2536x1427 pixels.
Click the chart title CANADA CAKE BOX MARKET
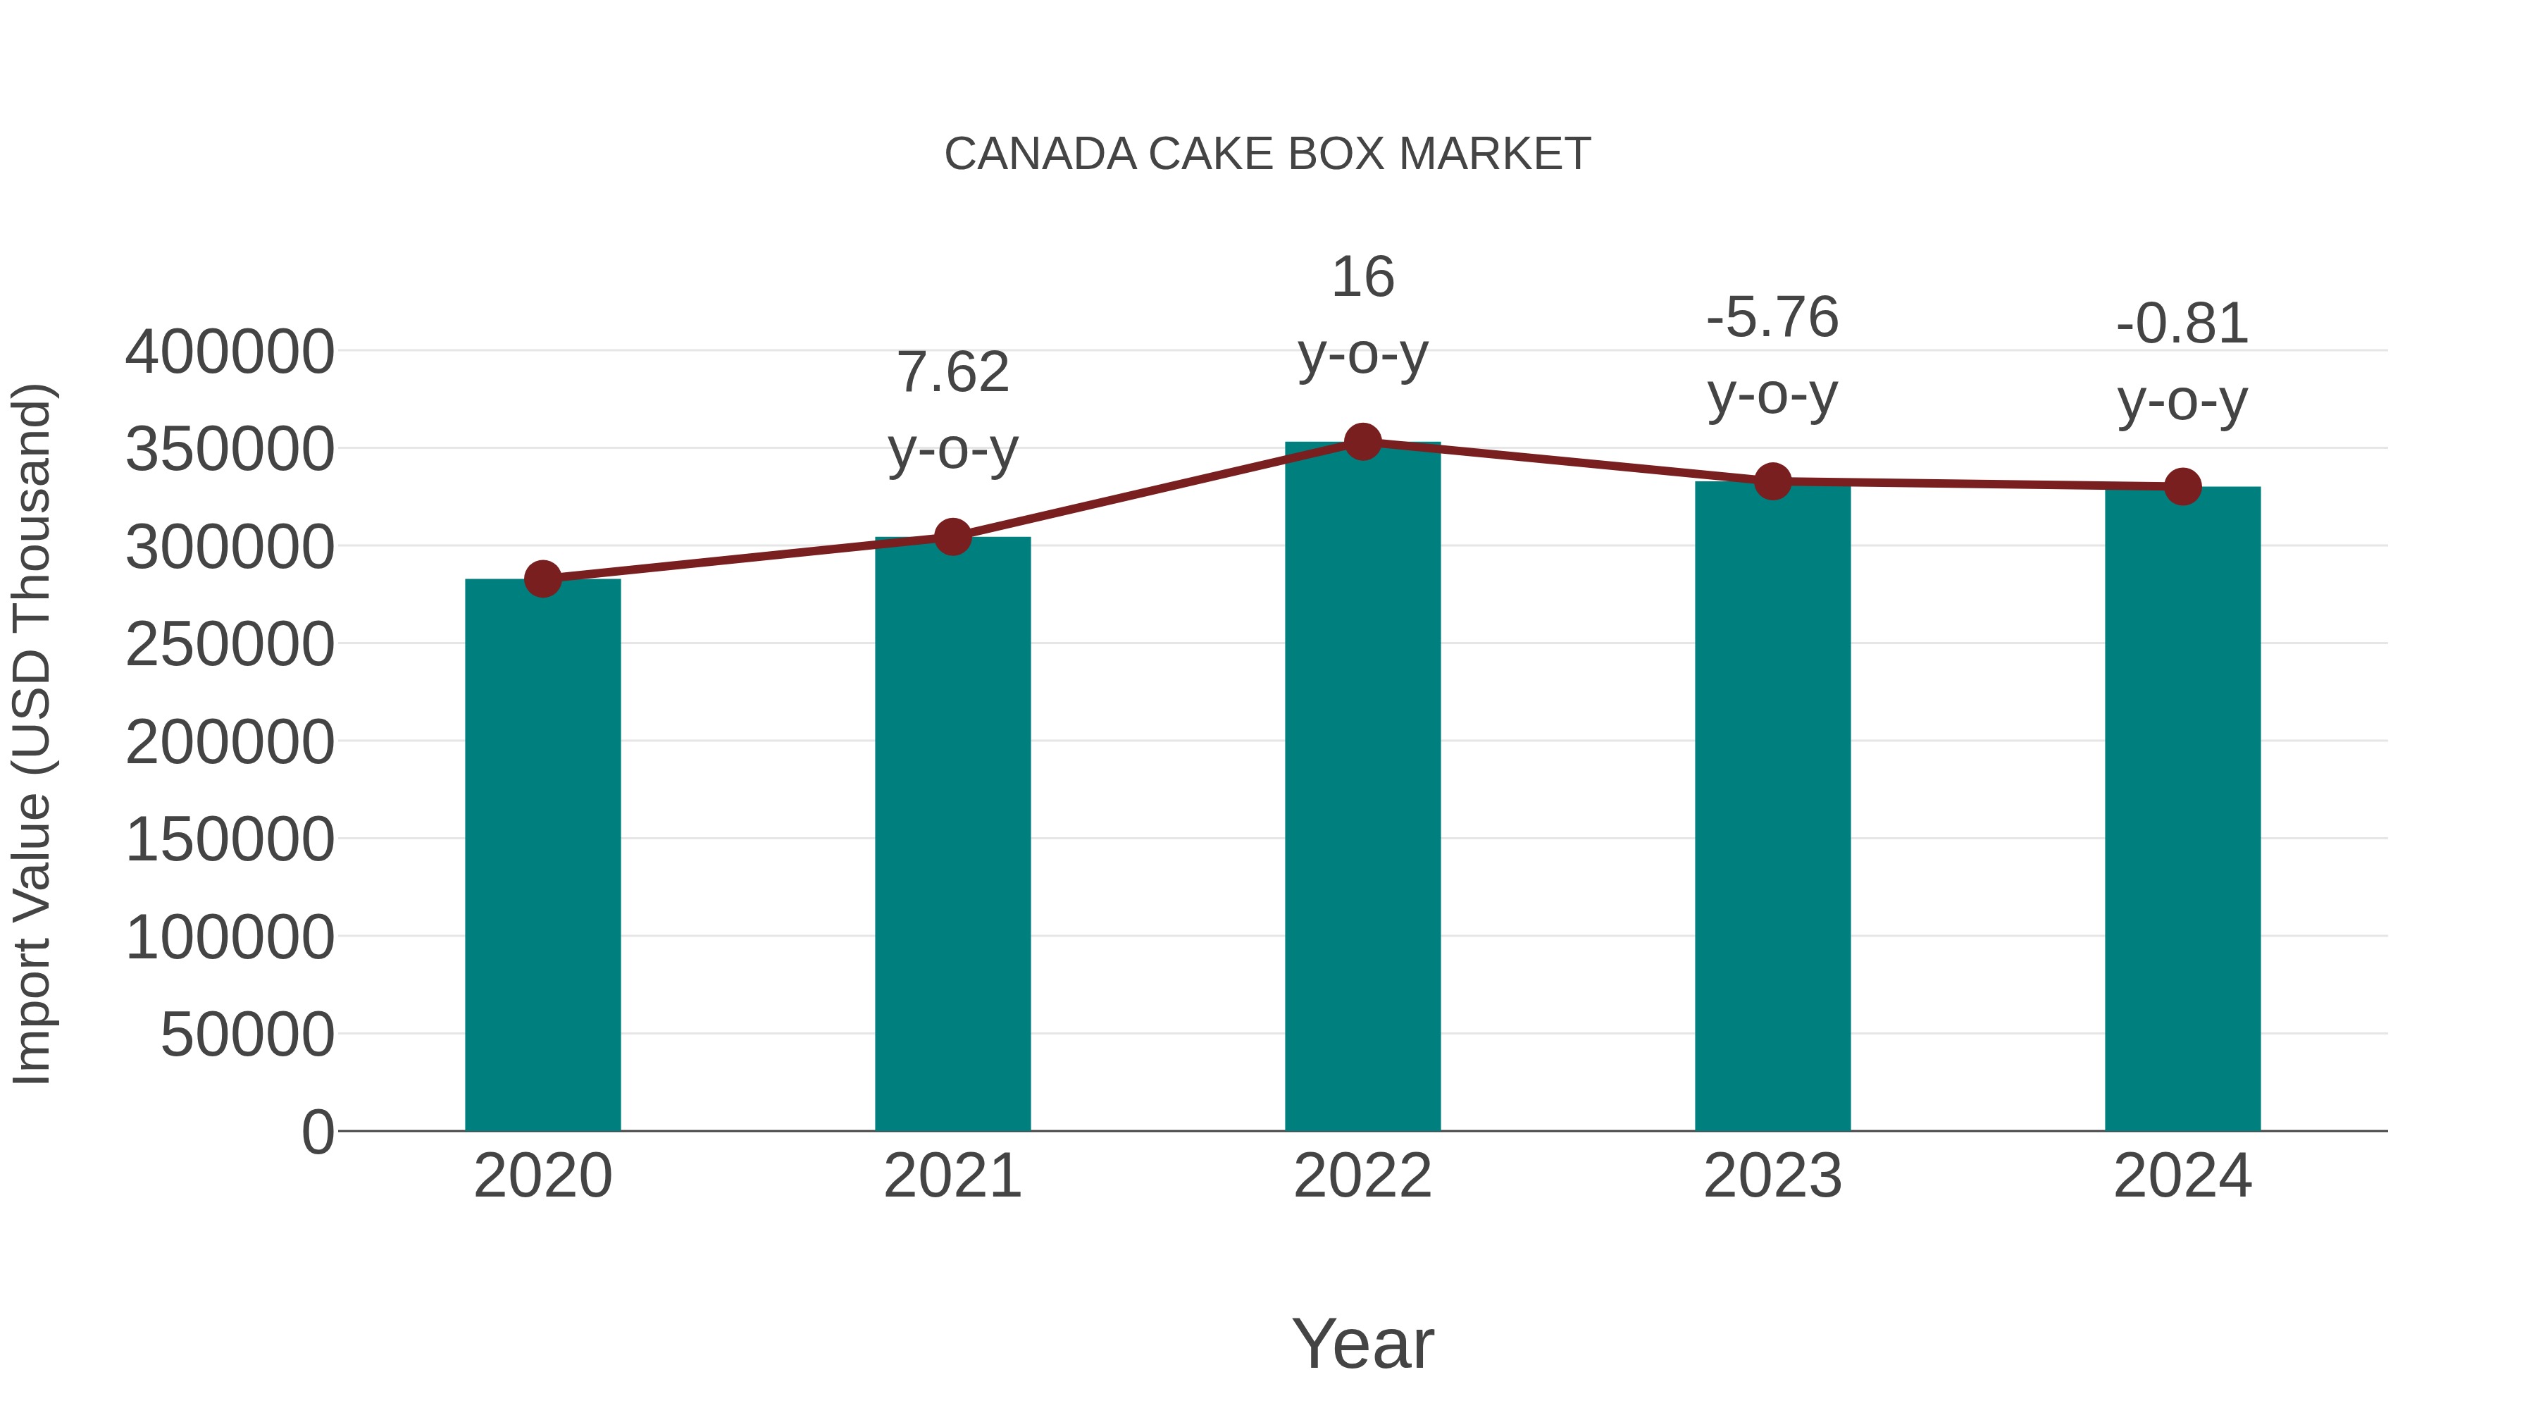[x=1267, y=154]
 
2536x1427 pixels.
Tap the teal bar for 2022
[x=1362, y=788]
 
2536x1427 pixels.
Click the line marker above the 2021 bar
[x=952, y=537]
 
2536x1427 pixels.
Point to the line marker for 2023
[x=1772, y=481]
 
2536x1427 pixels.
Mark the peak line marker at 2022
[x=1362, y=442]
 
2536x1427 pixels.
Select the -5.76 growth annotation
[x=1772, y=317]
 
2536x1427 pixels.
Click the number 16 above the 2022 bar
[x=1362, y=277]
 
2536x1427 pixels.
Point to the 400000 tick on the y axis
[x=230, y=352]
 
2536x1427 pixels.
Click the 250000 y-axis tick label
[x=230, y=645]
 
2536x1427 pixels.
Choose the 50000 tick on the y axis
[x=247, y=1035]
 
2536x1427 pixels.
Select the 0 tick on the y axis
[x=317, y=1132]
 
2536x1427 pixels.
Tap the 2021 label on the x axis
[x=952, y=1176]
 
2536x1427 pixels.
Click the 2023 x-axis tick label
[x=1772, y=1176]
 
